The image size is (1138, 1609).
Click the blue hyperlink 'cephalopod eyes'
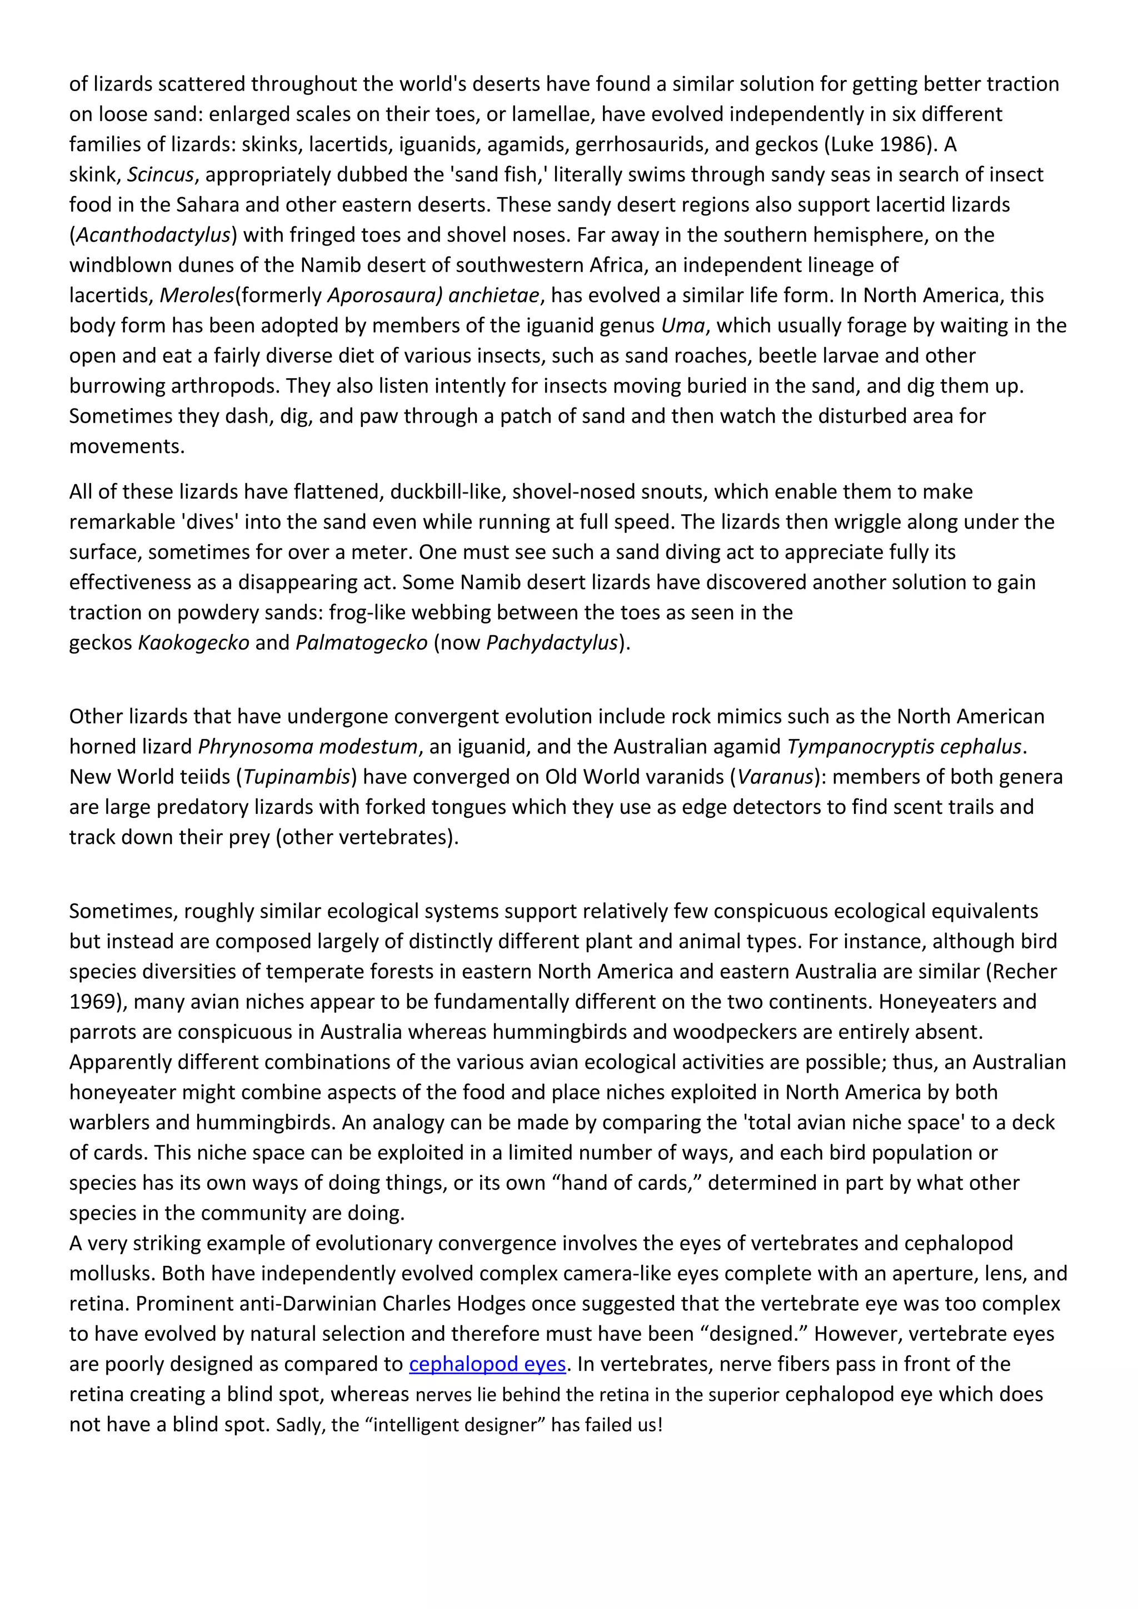point(487,1364)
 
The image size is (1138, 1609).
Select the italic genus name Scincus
point(160,174)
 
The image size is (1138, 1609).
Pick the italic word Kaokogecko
point(193,642)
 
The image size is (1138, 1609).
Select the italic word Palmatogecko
point(361,642)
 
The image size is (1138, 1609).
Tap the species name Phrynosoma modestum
point(308,746)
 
